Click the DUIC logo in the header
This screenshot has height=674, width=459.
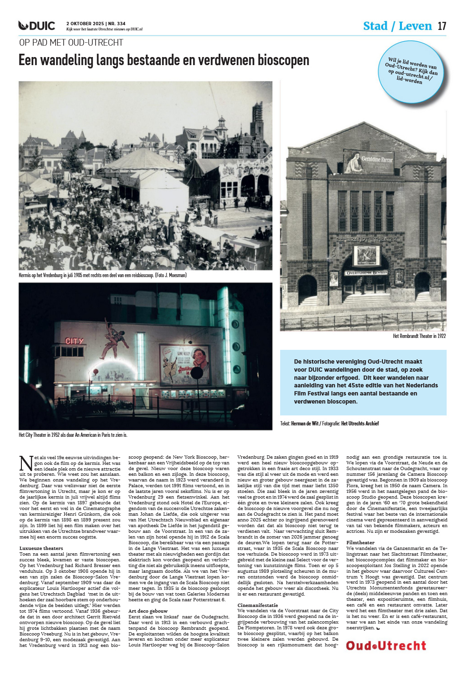coord(37,26)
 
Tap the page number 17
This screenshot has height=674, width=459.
coord(442,26)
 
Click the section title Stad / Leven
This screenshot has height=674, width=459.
coord(397,26)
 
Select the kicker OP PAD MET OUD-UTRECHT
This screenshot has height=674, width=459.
coord(71,43)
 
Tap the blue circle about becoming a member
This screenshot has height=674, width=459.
coord(412,71)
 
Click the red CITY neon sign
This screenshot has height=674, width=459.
coord(74,341)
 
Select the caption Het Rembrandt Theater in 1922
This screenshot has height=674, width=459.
coord(419,336)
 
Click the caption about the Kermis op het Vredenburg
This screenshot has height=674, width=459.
coord(102,275)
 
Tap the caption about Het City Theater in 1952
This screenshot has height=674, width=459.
coord(73,435)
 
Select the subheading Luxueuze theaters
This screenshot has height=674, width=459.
coord(41,548)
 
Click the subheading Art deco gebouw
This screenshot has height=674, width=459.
coord(148,611)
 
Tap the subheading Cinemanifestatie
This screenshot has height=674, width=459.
coord(258,605)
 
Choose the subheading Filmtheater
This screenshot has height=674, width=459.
coord(360,542)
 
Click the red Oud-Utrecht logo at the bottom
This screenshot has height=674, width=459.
coord(386,645)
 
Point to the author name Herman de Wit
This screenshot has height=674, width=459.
coord(304,424)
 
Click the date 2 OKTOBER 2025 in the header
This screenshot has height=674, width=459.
coord(85,23)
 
